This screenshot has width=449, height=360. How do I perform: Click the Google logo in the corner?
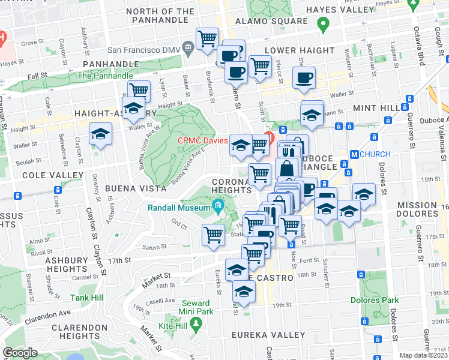20,352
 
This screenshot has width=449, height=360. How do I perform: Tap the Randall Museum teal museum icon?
217,208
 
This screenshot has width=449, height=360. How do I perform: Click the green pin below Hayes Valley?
323,25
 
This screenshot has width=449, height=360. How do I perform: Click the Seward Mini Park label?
195,307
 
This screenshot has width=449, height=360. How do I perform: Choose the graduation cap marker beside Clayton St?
101,133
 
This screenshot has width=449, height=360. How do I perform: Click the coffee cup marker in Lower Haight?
304,77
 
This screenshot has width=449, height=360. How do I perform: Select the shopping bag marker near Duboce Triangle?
288,167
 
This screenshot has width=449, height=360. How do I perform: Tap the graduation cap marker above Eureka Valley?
244,292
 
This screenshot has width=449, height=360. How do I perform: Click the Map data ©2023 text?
424,355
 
